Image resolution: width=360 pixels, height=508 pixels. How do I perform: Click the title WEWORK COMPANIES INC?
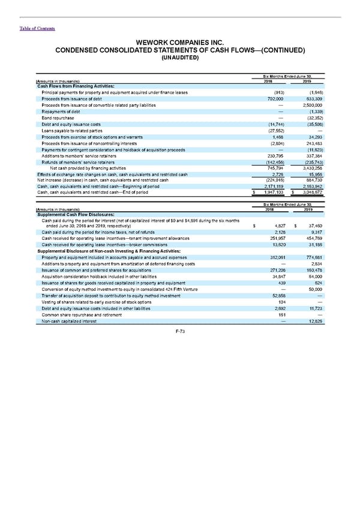pyautogui.click(x=179, y=43)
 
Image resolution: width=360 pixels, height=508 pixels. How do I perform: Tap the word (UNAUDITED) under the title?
pyautogui.click(x=179, y=58)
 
